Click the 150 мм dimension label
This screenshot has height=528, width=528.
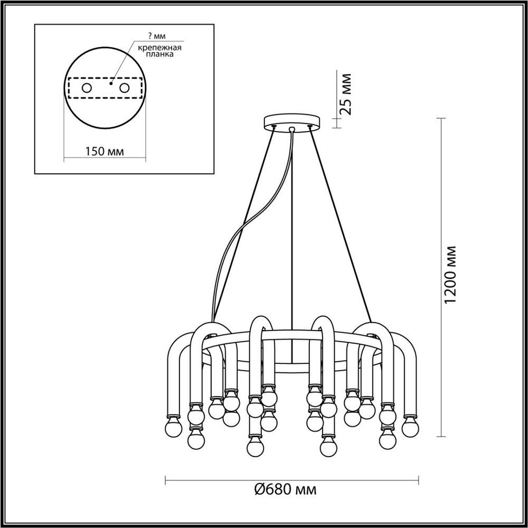[104, 152]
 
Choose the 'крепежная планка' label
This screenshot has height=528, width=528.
[160, 52]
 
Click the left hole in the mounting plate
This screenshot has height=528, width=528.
[87, 88]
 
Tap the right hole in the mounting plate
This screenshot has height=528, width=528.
[125, 88]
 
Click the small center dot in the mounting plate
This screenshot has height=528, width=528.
[111, 83]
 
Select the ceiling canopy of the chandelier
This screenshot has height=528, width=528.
[292, 121]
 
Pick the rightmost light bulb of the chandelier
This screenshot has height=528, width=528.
[410, 426]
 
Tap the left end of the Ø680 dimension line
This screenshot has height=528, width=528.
[166, 480]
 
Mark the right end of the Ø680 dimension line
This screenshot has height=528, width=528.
[419, 480]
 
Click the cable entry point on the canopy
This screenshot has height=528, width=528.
[293, 128]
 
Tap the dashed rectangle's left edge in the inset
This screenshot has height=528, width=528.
[69, 88]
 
